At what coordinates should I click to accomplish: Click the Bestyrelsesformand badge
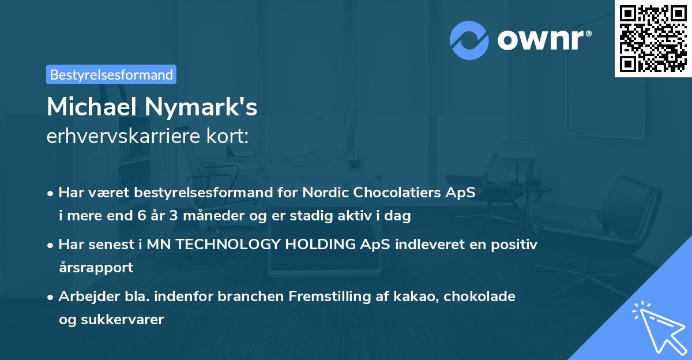[111, 74]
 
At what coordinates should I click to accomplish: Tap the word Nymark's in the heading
[200, 107]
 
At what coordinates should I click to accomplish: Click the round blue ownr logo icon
[469, 40]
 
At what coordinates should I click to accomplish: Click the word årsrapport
[96, 267]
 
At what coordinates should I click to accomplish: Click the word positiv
[516, 245]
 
